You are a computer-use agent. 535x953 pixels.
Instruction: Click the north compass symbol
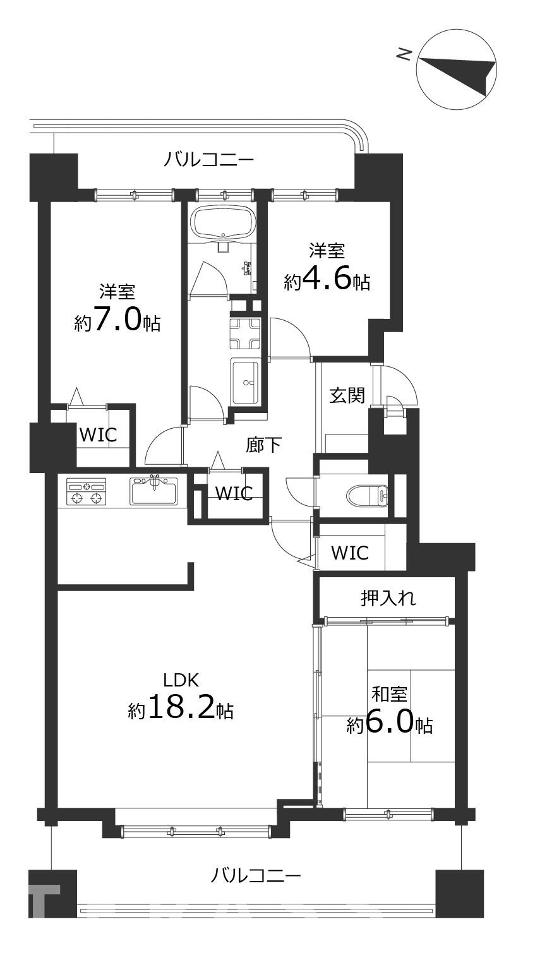click(x=457, y=69)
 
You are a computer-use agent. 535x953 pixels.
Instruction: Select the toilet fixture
click(x=368, y=496)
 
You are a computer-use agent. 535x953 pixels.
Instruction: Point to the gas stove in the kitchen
click(x=85, y=491)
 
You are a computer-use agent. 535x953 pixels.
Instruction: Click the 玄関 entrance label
click(x=347, y=395)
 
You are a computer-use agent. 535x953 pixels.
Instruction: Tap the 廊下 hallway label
click(x=263, y=445)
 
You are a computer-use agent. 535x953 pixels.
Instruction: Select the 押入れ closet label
click(x=388, y=598)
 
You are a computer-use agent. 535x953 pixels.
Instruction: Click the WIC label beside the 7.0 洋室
click(x=99, y=435)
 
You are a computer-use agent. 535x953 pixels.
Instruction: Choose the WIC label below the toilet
click(x=350, y=553)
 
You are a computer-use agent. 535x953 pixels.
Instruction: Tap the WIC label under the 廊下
click(x=234, y=493)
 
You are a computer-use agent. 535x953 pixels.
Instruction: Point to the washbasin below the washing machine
click(x=245, y=381)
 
